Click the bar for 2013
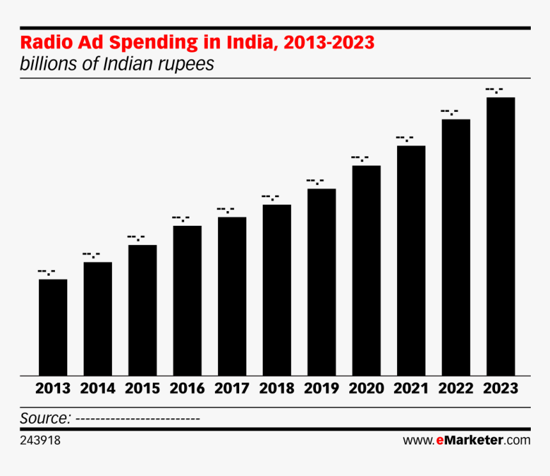click(53, 328)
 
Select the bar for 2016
click(187, 301)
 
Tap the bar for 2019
click(322, 282)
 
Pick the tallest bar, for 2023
click(501, 237)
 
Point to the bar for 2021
click(411, 261)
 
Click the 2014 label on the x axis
click(98, 388)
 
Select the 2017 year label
click(232, 388)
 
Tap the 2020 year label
click(366, 388)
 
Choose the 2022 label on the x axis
click(456, 388)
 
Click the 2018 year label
click(277, 388)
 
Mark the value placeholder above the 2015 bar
click(136, 238)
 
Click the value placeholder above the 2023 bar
click(494, 90)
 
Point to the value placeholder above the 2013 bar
click(47, 273)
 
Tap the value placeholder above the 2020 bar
click(360, 159)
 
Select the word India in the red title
click(251, 43)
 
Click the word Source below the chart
click(45, 418)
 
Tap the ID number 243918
click(40, 441)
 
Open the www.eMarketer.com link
click(466, 440)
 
